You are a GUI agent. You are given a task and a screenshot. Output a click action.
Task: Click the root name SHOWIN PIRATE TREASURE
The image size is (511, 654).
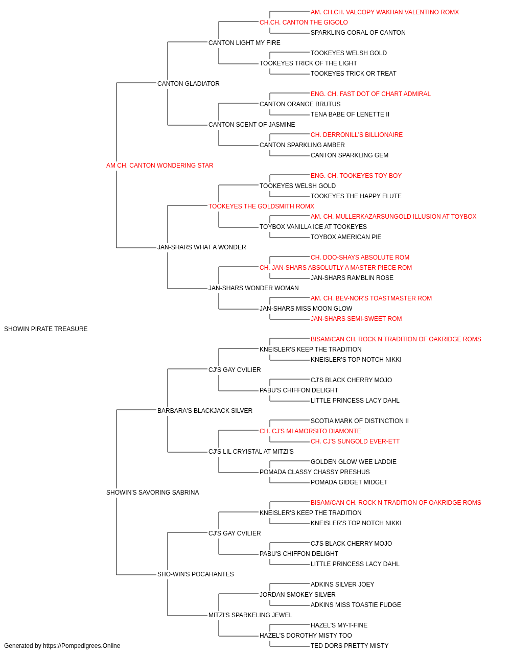click(46, 329)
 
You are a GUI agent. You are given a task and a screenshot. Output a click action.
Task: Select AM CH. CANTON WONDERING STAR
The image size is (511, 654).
click(160, 166)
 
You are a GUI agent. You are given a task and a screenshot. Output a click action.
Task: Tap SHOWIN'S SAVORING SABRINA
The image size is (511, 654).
click(153, 493)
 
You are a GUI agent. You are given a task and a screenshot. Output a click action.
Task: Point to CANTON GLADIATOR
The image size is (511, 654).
click(189, 84)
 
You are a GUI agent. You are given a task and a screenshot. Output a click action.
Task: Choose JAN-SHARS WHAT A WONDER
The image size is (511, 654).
click(202, 247)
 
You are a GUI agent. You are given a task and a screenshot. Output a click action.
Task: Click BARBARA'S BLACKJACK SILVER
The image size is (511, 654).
click(205, 410)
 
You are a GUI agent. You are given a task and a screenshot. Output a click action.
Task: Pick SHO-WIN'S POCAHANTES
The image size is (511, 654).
click(196, 574)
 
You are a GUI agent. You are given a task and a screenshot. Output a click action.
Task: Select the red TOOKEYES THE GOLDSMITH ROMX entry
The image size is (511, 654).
click(261, 206)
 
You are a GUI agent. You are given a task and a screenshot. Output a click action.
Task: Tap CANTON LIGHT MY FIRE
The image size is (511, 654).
click(244, 43)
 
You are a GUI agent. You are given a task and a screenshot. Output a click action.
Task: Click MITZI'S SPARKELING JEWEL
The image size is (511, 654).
click(250, 615)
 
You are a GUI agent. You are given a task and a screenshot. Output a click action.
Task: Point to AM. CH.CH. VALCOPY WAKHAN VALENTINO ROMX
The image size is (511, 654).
click(385, 12)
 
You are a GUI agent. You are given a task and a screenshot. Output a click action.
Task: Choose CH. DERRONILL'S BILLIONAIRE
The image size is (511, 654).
click(357, 134)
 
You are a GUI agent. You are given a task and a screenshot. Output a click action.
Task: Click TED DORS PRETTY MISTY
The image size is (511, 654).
click(350, 646)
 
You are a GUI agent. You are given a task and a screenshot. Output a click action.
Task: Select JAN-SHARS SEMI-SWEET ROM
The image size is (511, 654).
click(356, 318)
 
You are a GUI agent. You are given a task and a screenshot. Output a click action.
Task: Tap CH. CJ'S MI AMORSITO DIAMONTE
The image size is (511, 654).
click(310, 431)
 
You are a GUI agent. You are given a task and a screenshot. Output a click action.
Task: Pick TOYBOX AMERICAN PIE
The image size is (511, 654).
click(346, 237)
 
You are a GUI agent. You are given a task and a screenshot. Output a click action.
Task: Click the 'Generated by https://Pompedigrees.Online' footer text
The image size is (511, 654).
click(62, 646)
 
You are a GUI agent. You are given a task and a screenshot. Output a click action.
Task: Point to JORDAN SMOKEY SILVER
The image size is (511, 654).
click(297, 594)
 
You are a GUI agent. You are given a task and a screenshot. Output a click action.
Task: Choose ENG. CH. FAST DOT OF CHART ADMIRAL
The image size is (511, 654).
click(370, 94)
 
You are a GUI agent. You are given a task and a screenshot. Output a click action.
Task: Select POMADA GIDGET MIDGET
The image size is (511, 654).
click(349, 482)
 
